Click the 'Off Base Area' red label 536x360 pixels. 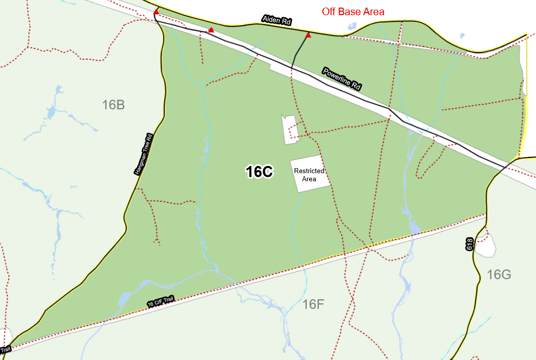pyautogui.click(x=353, y=12)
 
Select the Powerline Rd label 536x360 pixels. pyautogui.click(x=342, y=78)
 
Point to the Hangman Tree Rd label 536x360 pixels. pyautogui.click(x=144, y=154)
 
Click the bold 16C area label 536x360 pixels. pyautogui.click(x=259, y=172)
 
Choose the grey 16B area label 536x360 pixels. pyautogui.click(x=113, y=105)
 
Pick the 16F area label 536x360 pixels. pyautogui.click(x=313, y=304)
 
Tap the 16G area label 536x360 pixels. pyautogui.click(x=499, y=275)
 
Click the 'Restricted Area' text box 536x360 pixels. pyautogui.click(x=309, y=174)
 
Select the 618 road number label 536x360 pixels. pyautogui.click(x=469, y=244)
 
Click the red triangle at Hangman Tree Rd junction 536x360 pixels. pyautogui.click(x=156, y=11)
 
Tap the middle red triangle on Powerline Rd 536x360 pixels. pyautogui.click(x=211, y=30)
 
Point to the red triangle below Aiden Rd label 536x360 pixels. pyautogui.click(x=308, y=35)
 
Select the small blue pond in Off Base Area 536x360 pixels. pyautogui.click(x=462, y=36)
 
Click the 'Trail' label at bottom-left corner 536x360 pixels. pyautogui.click(x=6, y=349)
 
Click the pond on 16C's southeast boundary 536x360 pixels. pyautogui.click(x=414, y=229)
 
